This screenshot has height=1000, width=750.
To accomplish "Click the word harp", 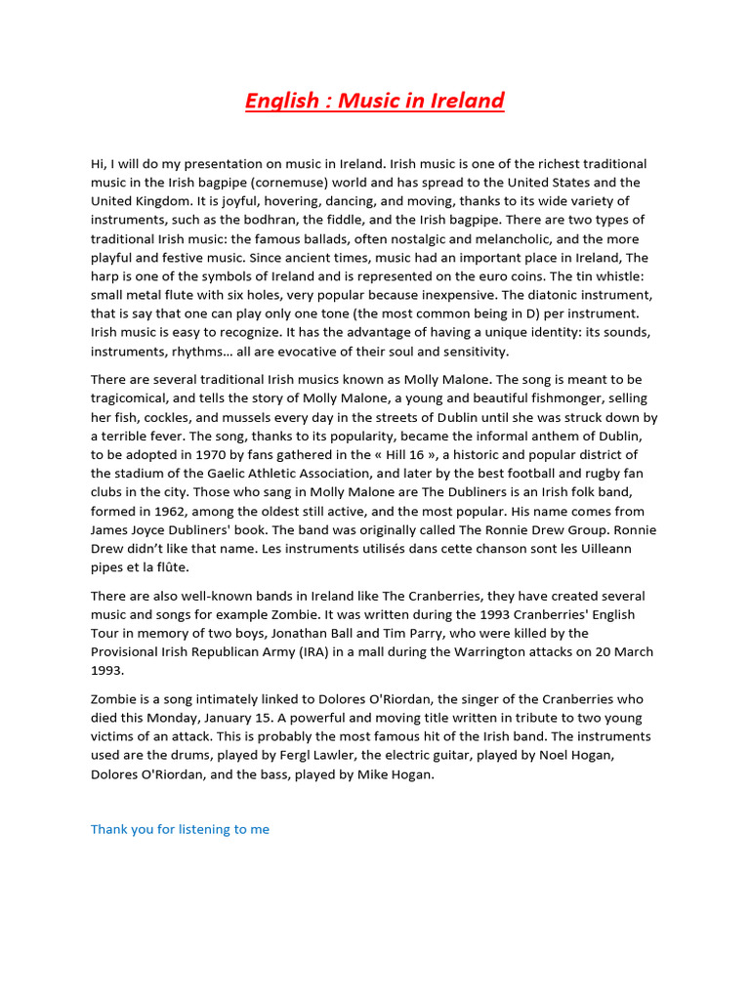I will [x=105, y=276].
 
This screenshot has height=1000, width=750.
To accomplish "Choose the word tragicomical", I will [x=134, y=398].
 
